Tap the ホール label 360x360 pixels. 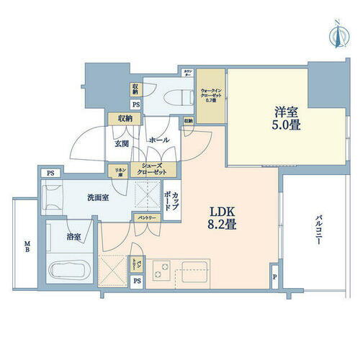158,140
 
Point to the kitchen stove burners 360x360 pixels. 163,272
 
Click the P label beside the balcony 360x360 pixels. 274,276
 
